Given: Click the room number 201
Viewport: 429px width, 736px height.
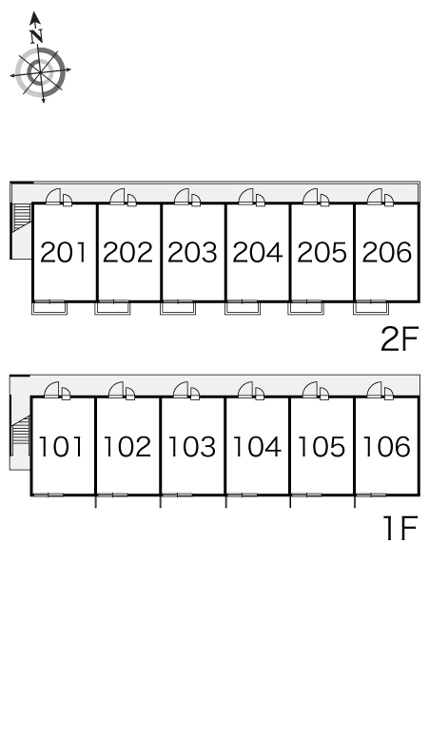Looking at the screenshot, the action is click(64, 252).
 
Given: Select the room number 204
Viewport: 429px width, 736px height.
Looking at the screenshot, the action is click(258, 252).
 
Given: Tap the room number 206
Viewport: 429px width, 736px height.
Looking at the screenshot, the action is click(387, 252).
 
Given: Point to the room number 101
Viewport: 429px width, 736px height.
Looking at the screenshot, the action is click(61, 446).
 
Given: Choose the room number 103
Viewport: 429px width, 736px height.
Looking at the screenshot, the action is click(192, 446).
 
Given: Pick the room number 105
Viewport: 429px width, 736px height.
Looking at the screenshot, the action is click(322, 446).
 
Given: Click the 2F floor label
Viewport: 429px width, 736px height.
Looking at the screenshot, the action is click(399, 339).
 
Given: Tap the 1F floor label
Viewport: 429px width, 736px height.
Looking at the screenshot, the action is click(400, 528).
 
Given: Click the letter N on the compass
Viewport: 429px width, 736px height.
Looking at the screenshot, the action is click(36, 36).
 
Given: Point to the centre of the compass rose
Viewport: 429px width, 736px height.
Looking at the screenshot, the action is click(40, 72).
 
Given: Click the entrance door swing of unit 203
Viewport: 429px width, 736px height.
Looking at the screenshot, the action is click(182, 196).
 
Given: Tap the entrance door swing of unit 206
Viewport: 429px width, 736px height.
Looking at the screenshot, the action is click(375, 196).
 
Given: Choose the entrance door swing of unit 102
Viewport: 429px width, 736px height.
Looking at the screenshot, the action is click(116, 390).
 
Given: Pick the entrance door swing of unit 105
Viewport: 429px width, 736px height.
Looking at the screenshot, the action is click(310, 390).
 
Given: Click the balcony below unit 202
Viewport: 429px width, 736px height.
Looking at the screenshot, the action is click(112, 308).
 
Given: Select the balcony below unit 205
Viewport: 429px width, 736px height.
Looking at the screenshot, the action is click(305, 308).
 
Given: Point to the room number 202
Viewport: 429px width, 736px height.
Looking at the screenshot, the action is click(128, 252).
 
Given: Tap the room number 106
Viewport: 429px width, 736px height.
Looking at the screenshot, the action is click(387, 446).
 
